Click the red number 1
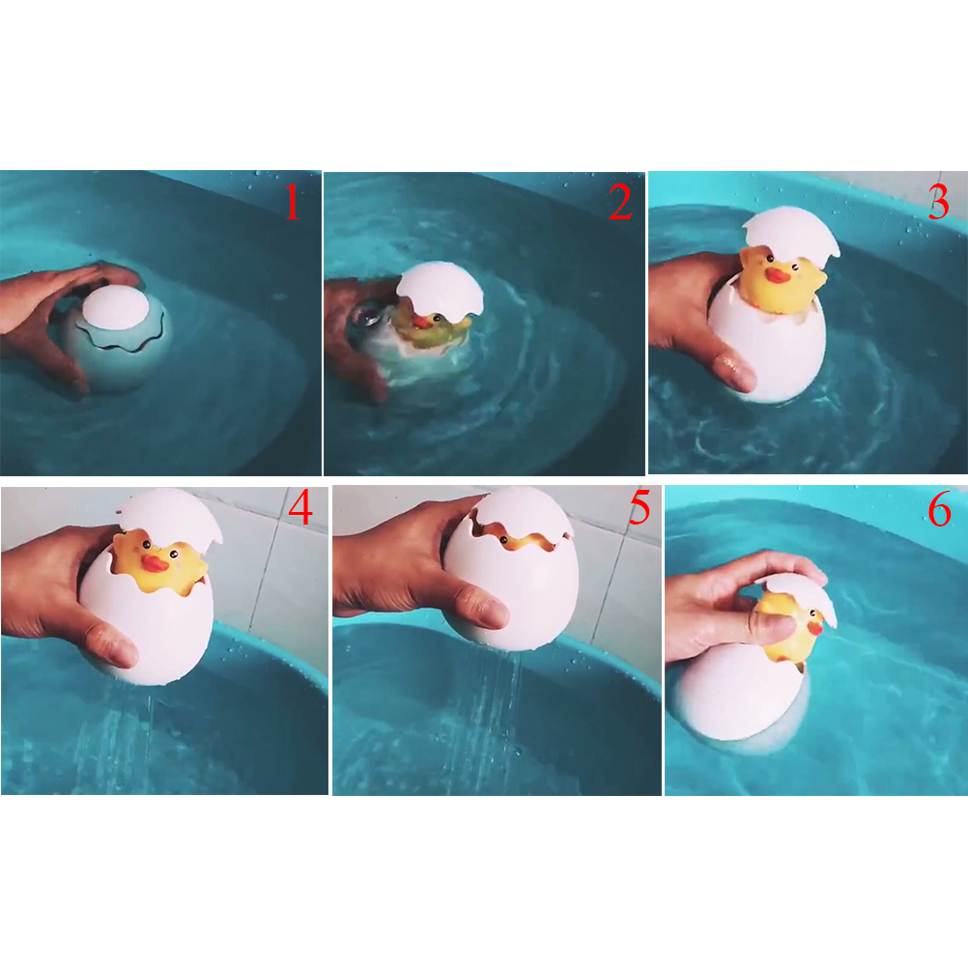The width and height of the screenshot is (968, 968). (292, 202)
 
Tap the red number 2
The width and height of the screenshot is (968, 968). (620, 202)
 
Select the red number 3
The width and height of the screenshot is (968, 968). (938, 202)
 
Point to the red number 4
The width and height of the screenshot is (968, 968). (300, 507)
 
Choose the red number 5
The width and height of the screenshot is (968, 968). (640, 507)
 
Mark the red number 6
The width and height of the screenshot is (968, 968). (940, 510)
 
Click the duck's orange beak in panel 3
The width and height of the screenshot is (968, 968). (778, 275)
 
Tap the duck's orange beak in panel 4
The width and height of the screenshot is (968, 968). (155, 562)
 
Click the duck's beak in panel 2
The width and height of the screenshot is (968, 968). (423, 322)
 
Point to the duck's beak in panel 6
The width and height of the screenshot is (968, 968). (816, 628)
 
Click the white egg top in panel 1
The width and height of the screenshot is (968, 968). (115, 307)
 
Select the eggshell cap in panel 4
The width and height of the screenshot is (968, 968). (170, 516)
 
